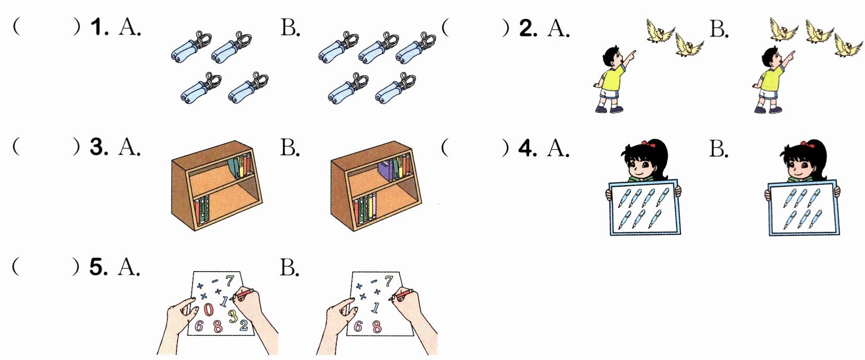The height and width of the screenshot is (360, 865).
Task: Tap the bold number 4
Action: [x=528, y=148]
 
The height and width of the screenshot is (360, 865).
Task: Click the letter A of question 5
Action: [x=129, y=267]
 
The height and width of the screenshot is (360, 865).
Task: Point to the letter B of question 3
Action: [x=290, y=148]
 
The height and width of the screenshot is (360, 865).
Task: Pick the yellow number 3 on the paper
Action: [x=233, y=316]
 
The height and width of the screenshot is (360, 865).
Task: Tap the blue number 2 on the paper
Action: [x=244, y=325]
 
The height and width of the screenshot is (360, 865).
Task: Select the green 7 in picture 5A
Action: [x=230, y=280]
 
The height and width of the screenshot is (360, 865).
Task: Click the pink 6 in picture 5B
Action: [x=358, y=327]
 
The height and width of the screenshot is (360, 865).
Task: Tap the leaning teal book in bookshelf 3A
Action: [x=234, y=167]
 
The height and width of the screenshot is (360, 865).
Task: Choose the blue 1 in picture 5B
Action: [x=375, y=308]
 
